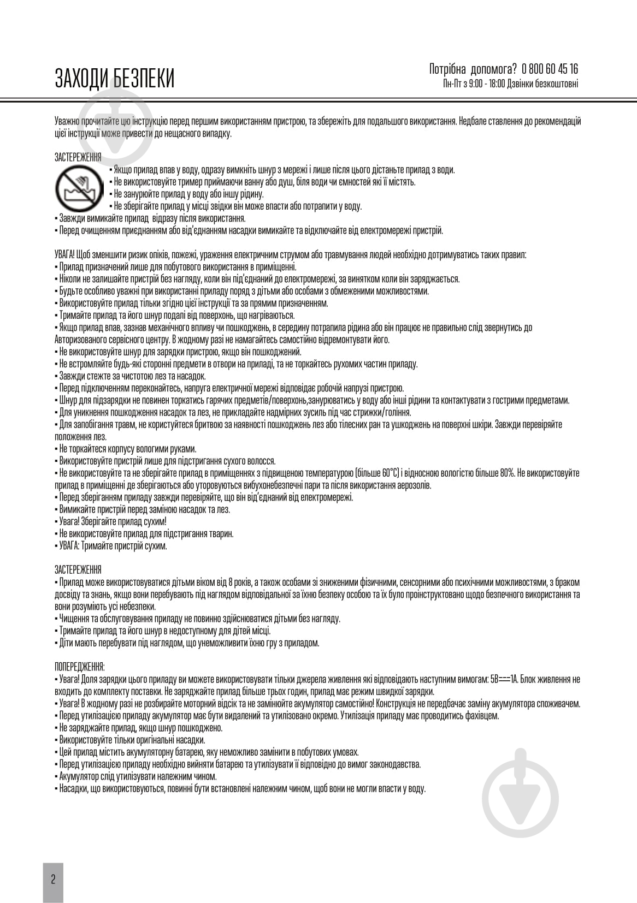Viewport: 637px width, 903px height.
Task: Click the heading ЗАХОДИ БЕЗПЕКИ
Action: [x=115, y=79]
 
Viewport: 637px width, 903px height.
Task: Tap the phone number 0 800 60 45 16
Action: [x=550, y=69]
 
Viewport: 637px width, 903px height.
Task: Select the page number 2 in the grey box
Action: [x=53, y=879]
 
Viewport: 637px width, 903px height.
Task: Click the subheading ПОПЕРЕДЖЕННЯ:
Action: [x=80, y=667]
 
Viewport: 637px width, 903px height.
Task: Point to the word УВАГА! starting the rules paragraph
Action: [x=66, y=255]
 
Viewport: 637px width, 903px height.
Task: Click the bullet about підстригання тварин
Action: [x=145, y=533]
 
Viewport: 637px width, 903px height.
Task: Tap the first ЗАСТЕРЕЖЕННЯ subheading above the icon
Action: [x=78, y=158]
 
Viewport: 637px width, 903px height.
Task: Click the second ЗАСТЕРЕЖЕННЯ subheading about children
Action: [x=78, y=570]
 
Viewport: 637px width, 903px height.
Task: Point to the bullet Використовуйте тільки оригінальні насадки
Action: [x=132, y=740]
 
